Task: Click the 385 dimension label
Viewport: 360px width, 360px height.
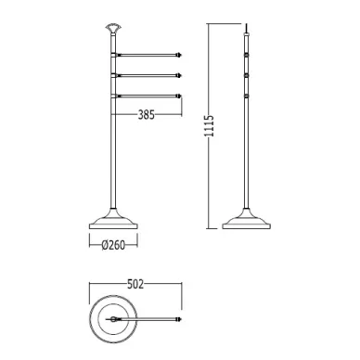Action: (x=146, y=115)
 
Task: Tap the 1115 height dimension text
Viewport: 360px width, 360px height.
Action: (x=210, y=126)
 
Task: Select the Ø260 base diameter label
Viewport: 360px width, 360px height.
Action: (x=113, y=245)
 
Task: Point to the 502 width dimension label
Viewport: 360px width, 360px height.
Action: (x=135, y=284)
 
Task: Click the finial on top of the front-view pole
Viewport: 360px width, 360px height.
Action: (x=113, y=28)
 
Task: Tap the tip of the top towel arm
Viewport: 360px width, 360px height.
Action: (x=182, y=56)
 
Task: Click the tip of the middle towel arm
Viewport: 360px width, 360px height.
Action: (x=182, y=75)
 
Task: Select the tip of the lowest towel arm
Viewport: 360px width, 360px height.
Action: (x=182, y=96)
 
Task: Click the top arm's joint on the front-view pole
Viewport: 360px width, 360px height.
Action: (x=113, y=56)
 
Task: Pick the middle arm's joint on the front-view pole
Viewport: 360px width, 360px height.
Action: (x=113, y=75)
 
